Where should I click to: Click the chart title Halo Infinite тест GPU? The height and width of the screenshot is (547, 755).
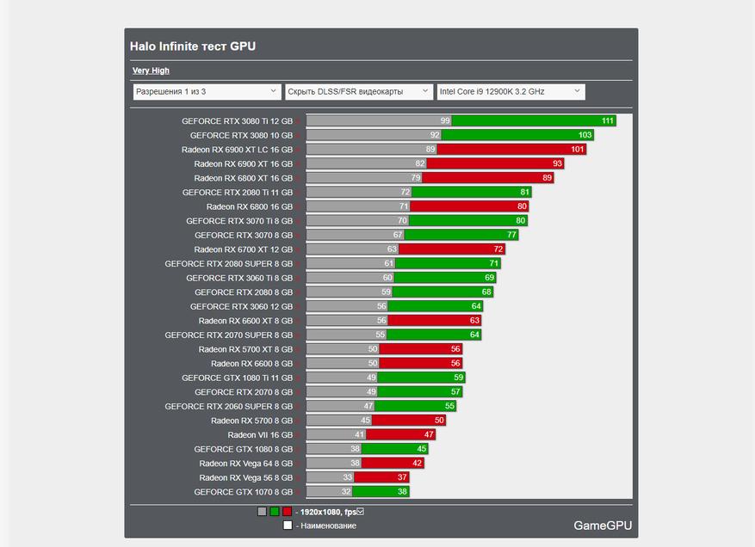tap(193, 46)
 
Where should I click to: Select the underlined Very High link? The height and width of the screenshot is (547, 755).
tap(151, 71)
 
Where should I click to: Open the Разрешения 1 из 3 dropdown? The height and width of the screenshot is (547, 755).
tap(207, 91)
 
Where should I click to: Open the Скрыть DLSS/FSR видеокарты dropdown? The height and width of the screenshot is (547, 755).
tap(358, 91)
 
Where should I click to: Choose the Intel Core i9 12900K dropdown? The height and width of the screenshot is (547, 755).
tap(510, 91)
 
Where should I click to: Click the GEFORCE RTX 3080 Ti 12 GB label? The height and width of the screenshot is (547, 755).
tap(237, 121)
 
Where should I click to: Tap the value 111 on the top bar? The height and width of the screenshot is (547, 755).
tap(608, 121)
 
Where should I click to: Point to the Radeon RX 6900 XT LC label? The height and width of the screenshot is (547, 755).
tap(237, 150)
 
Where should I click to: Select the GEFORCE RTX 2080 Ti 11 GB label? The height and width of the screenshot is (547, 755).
tap(237, 193)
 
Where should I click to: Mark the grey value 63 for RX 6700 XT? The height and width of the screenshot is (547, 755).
tap(392, 249)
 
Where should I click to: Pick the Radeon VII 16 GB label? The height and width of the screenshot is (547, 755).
tap(260, 435)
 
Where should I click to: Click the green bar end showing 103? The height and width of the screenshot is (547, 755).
tap(585, 135)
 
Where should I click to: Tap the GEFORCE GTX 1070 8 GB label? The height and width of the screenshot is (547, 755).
tap(243, 492)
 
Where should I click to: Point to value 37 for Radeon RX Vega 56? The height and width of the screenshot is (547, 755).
tap(402, 477)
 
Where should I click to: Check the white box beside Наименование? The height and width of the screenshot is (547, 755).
tap(288, 525)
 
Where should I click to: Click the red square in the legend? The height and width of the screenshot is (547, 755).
tap(287, 512)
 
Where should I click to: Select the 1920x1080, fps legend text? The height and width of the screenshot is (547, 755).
tap(327, 512)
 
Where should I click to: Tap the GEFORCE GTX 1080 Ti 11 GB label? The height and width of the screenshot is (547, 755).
tap(237, 378)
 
